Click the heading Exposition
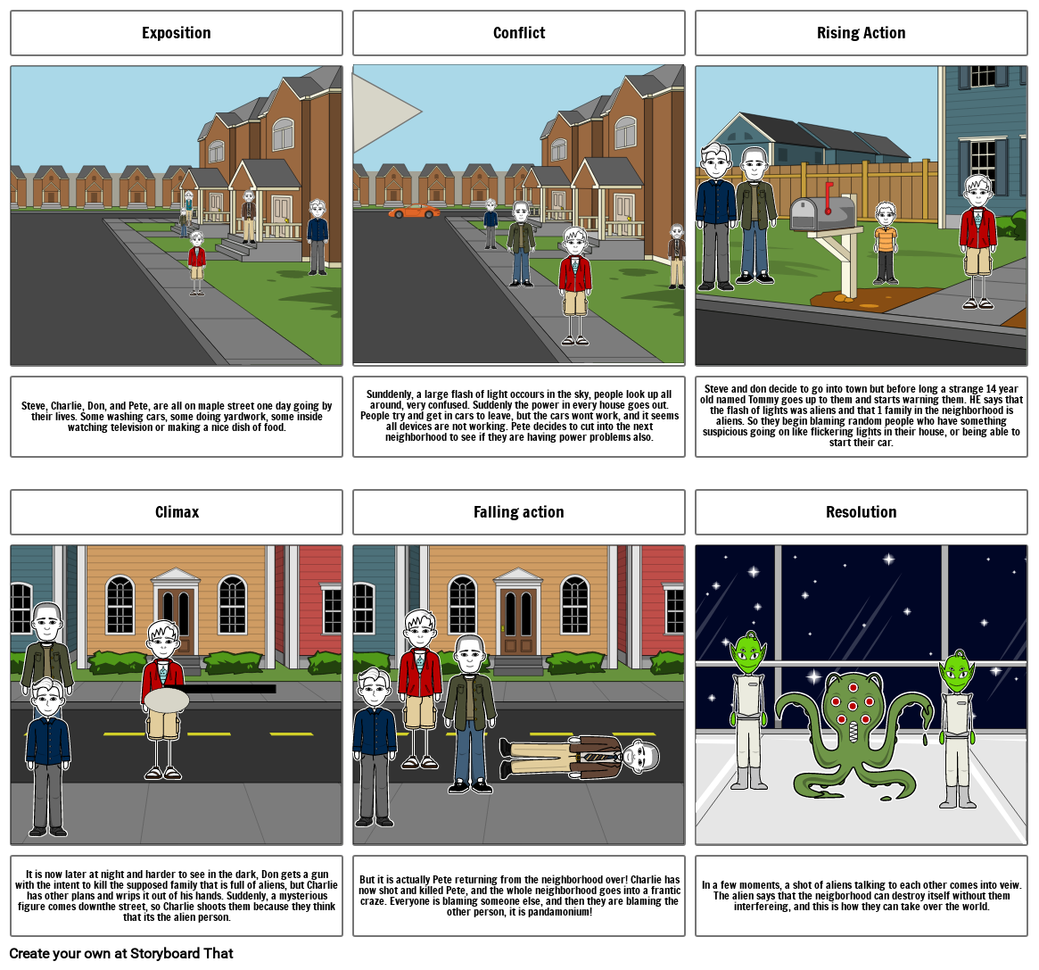(x=177, y=33)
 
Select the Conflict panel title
(x=519, y=33)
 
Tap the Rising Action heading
(x=861, y=33)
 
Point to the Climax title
(x=177, y=512)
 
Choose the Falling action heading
(x=519, y=512)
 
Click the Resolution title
(x=861, y=512)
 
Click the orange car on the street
(x=414, y=211)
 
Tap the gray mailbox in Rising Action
(x=822, y=213)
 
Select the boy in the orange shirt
(x=886, y=244)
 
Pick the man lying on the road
(x=579, y=757)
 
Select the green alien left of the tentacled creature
(x=748, y=710)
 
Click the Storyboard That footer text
(x=121, y=953)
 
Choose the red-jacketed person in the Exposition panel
(x=197, y=262)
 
